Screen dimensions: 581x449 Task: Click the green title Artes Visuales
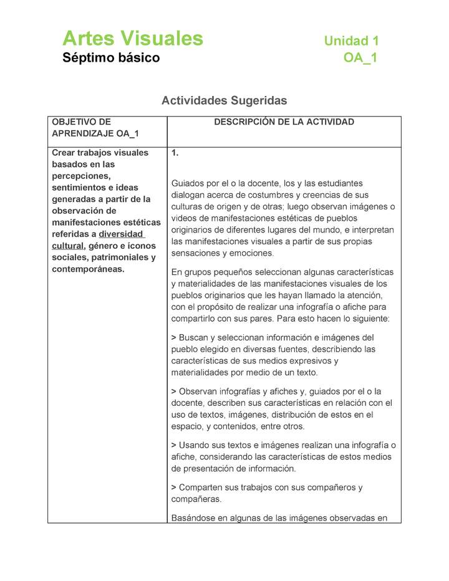pos(132,39)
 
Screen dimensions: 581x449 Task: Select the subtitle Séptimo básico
pos(111,58)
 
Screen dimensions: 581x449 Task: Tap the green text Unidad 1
pos(351,41)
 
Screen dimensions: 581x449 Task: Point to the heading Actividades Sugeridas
pos(224,100)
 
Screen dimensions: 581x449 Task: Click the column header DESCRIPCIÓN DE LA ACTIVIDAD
pos(284,122)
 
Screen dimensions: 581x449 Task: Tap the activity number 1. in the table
pos(175,153)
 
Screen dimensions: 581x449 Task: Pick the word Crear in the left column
pos(64,153)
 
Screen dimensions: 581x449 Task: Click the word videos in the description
pos(184,218)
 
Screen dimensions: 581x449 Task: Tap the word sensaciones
pos(196,253)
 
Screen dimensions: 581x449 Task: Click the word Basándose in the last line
pos(193,517)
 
